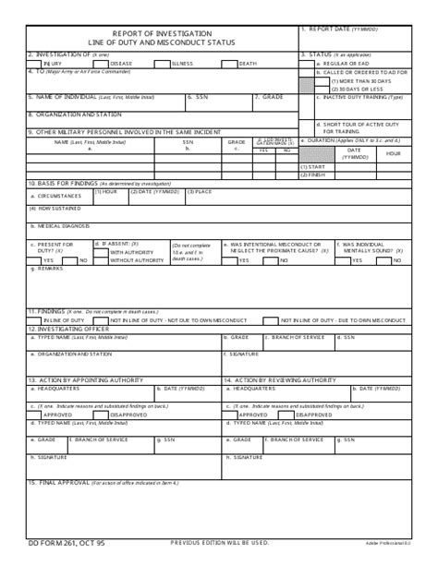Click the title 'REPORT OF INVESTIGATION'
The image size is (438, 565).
[163, 33]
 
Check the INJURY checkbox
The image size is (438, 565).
[35, 64]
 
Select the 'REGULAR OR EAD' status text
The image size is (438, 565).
[344, 63]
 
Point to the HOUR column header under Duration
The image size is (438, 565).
[394, 153]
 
